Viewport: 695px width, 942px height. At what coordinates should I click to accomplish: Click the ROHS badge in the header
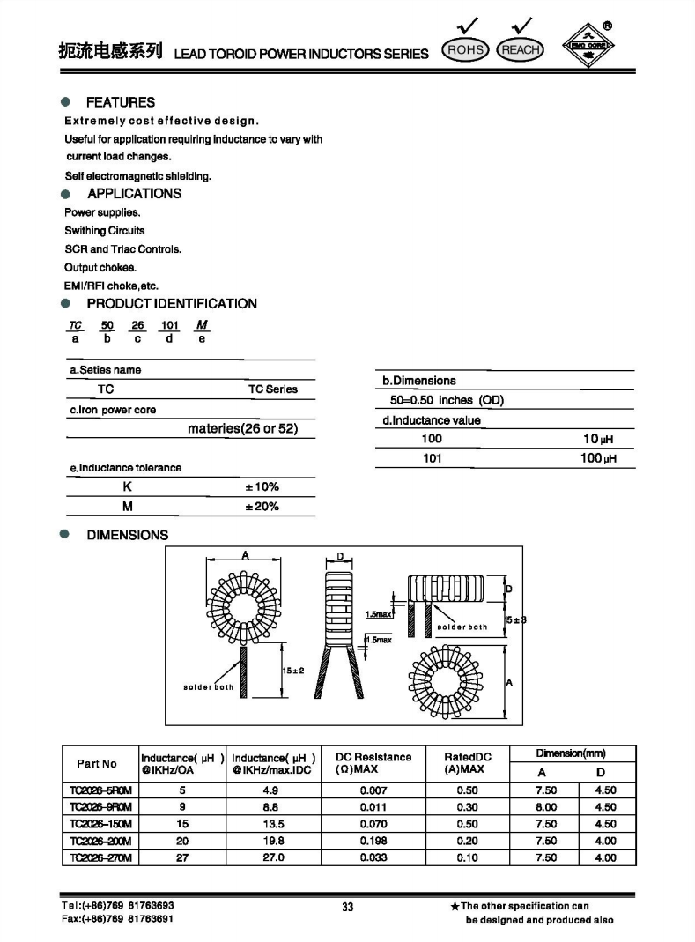pyautogui.click(x=466, y=50)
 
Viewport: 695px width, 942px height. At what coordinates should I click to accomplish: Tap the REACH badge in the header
pyautogui.click(x=520, y=50)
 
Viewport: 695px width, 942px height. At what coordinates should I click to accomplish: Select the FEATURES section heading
pyautogui.click(x=120, y=102)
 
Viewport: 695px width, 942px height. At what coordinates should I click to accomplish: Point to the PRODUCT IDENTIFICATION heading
pyautogui.click(x=172, y=304)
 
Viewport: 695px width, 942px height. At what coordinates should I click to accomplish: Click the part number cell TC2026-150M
pyautogui.click(x=100, y=824)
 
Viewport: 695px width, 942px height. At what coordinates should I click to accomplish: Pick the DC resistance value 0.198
pyautogui.click(x=373, y=841)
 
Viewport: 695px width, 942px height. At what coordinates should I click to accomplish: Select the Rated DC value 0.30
pyautogui.click(x=467, y=807)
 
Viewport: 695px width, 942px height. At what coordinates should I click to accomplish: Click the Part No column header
pyautogui.click(x=97, y=764)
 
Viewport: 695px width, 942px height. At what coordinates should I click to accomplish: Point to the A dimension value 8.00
pyautogui.click(x=546, y=807)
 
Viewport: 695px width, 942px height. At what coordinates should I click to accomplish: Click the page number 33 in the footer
pyautogui.click(x=347, y=907)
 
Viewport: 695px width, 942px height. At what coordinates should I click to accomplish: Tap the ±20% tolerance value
pyautogui.click(x=262, y=507)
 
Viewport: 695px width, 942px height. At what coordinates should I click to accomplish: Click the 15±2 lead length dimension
pyautogui.click(x=292, y=671)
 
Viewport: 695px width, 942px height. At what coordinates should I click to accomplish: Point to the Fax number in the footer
pyautogui.click(x=118, y=919)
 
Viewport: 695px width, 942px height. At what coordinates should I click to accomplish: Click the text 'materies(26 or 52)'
pyautogui.click(x=243, y=429)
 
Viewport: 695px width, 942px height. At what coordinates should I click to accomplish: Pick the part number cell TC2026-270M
pyautogui.click(x=100, y=857)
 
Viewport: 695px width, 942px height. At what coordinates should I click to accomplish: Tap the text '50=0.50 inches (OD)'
pyautogui.click(x=447, y=400)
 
